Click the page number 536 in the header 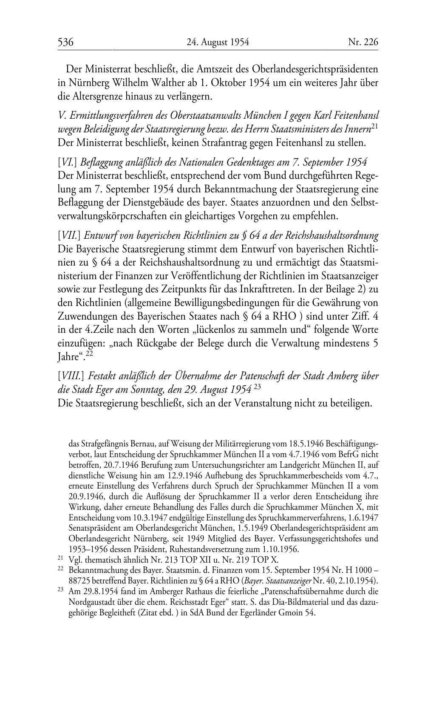(66, 42)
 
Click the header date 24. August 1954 (218, 42)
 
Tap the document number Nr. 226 (363, 42)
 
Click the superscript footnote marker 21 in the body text (374, 126)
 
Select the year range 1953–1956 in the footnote (89, 549)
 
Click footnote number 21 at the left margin (60, 558)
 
